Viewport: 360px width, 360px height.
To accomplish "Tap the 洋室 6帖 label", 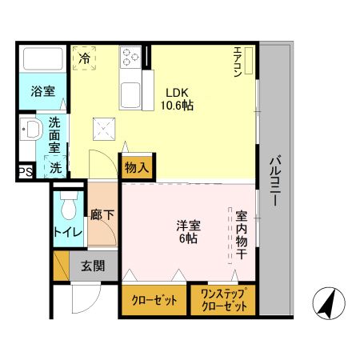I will (x=189, y=232).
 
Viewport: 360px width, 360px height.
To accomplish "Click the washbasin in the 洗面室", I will (x=31, y=131).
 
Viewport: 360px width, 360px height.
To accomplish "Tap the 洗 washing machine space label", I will (x=56, y=168).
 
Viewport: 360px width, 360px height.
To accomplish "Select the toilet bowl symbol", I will (x=70, y=206).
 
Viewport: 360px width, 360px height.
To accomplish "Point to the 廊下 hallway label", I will (x=102, y=215).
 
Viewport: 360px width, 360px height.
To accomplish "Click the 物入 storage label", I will (x=135, y=168).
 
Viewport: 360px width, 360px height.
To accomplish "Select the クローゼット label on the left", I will (x=153, y=301).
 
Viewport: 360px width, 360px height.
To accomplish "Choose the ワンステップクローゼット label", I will (x=223, y=301).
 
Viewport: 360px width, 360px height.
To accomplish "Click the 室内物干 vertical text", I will (x=241, y=232).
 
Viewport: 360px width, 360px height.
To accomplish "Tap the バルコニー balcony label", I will (x=274, y=180).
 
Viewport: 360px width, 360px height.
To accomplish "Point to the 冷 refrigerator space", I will (x=86, y=58).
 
